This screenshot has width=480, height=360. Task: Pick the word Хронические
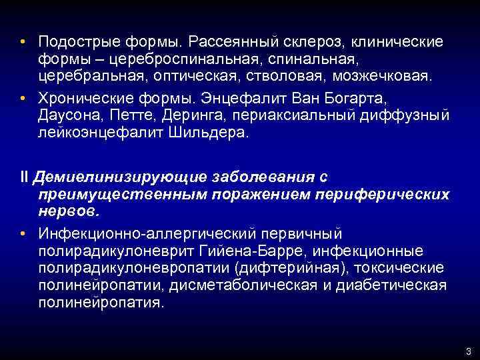click(x=79, y=99)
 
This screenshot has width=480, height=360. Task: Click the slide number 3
click(x=469, y=351)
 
